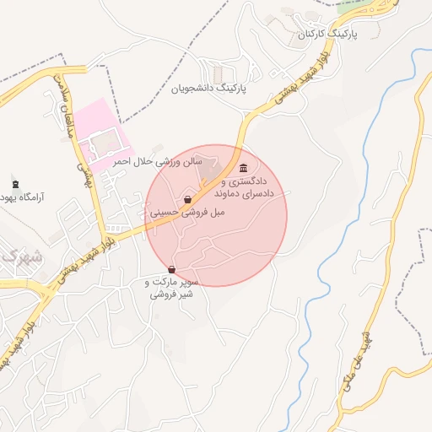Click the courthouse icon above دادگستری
[x=244, y=167]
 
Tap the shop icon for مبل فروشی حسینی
[x=186, y=200]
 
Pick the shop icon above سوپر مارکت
[x=172, y=269]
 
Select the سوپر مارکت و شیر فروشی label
[x=174, y=289]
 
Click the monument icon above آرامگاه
[x=14, y=184]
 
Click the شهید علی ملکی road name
[x=355, y=364]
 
